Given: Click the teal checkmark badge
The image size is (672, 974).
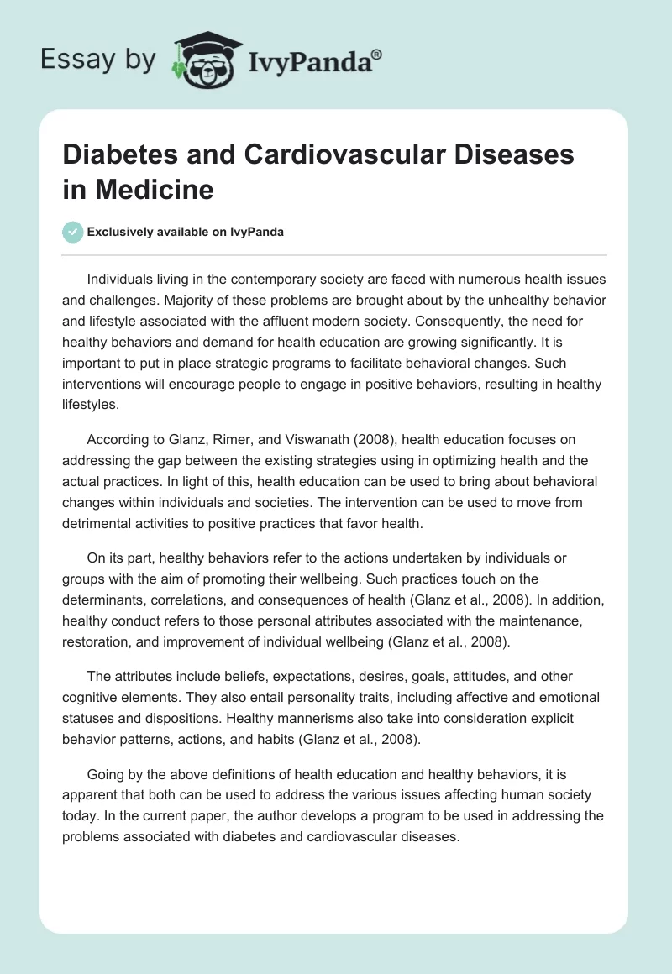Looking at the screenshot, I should point(73,232).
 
